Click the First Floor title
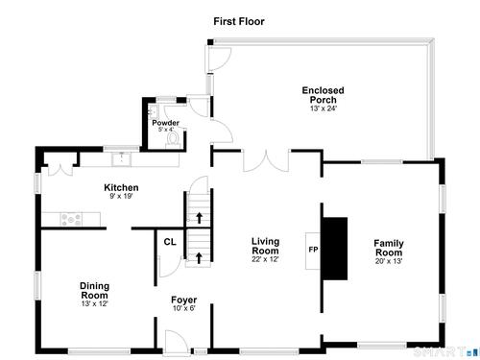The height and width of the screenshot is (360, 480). pyautogui.click(x=239, y=21)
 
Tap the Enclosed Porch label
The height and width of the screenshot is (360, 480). pyautogui.click(x=323, y=95)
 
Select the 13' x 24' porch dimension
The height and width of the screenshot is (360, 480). pyautogui.click(x=324, y=108)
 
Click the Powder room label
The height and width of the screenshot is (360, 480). pyautogui.click(x=165, y=123)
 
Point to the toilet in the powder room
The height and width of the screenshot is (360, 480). pyautogui.click(x=173, y=140)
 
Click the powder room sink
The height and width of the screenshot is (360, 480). pyautogui.click(x=154, y=112)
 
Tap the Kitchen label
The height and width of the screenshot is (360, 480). pyautogui.click(x=121, y=187)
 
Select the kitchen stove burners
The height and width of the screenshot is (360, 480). pyautogui.click(x=71, y=219)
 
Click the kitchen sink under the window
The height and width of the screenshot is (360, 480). pyautogui.click(x=121, y=159)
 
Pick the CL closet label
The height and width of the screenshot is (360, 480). pyautogui.click(x=170, y=242)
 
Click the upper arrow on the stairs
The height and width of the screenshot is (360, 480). pyautogui.click(x=199, y=218)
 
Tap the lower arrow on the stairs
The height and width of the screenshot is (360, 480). pyautogui.click(x=199, y=258)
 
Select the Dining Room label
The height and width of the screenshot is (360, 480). pyautogui.click(x=94, y=291)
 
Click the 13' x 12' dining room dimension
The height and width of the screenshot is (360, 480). pyautogui.click(x=94, y=303)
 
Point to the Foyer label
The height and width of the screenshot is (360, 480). pyautogui.click(x=183, y=300)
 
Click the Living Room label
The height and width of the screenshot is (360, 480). pyautogui.click(x=265, y=246)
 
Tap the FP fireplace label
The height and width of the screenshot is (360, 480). pyautogui.click(x=313, y=250)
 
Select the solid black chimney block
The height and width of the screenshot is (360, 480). pyautogui.click(x=335, y=249)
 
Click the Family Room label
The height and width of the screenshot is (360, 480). pyautogui.click(x=389, y=248)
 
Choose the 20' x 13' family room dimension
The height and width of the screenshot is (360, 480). pyautogui.click(x=389, y=261)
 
